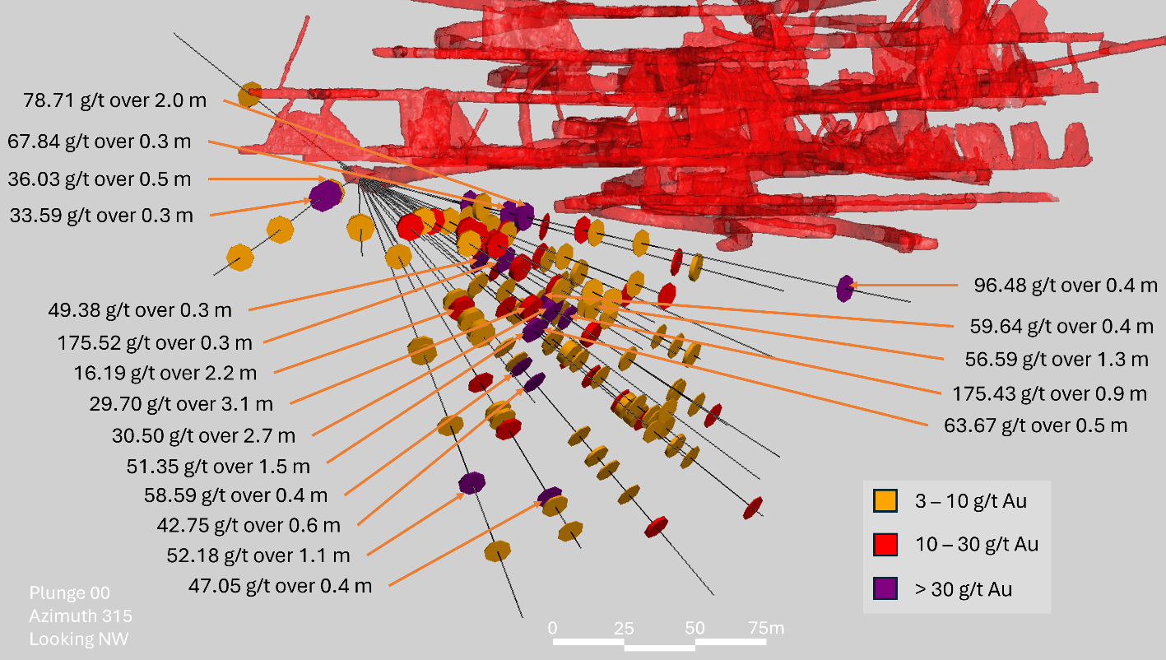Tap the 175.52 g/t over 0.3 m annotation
coord(155,342)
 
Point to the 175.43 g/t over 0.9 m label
coord(1049,393)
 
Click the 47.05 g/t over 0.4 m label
coord(280,586)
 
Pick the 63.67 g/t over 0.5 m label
coord(1036,425)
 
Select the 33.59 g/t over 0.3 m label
coord(101,216)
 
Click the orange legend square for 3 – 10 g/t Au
coord(885,500)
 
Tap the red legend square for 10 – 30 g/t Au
coord(885,544)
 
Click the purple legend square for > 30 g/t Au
coord(885,588)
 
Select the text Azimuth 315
coord(81,616)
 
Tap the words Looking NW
coord(79,639)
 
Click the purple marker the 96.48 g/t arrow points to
coord(844,288)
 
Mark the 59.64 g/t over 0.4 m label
coord(1061,326)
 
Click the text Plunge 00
coord(69,593)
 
